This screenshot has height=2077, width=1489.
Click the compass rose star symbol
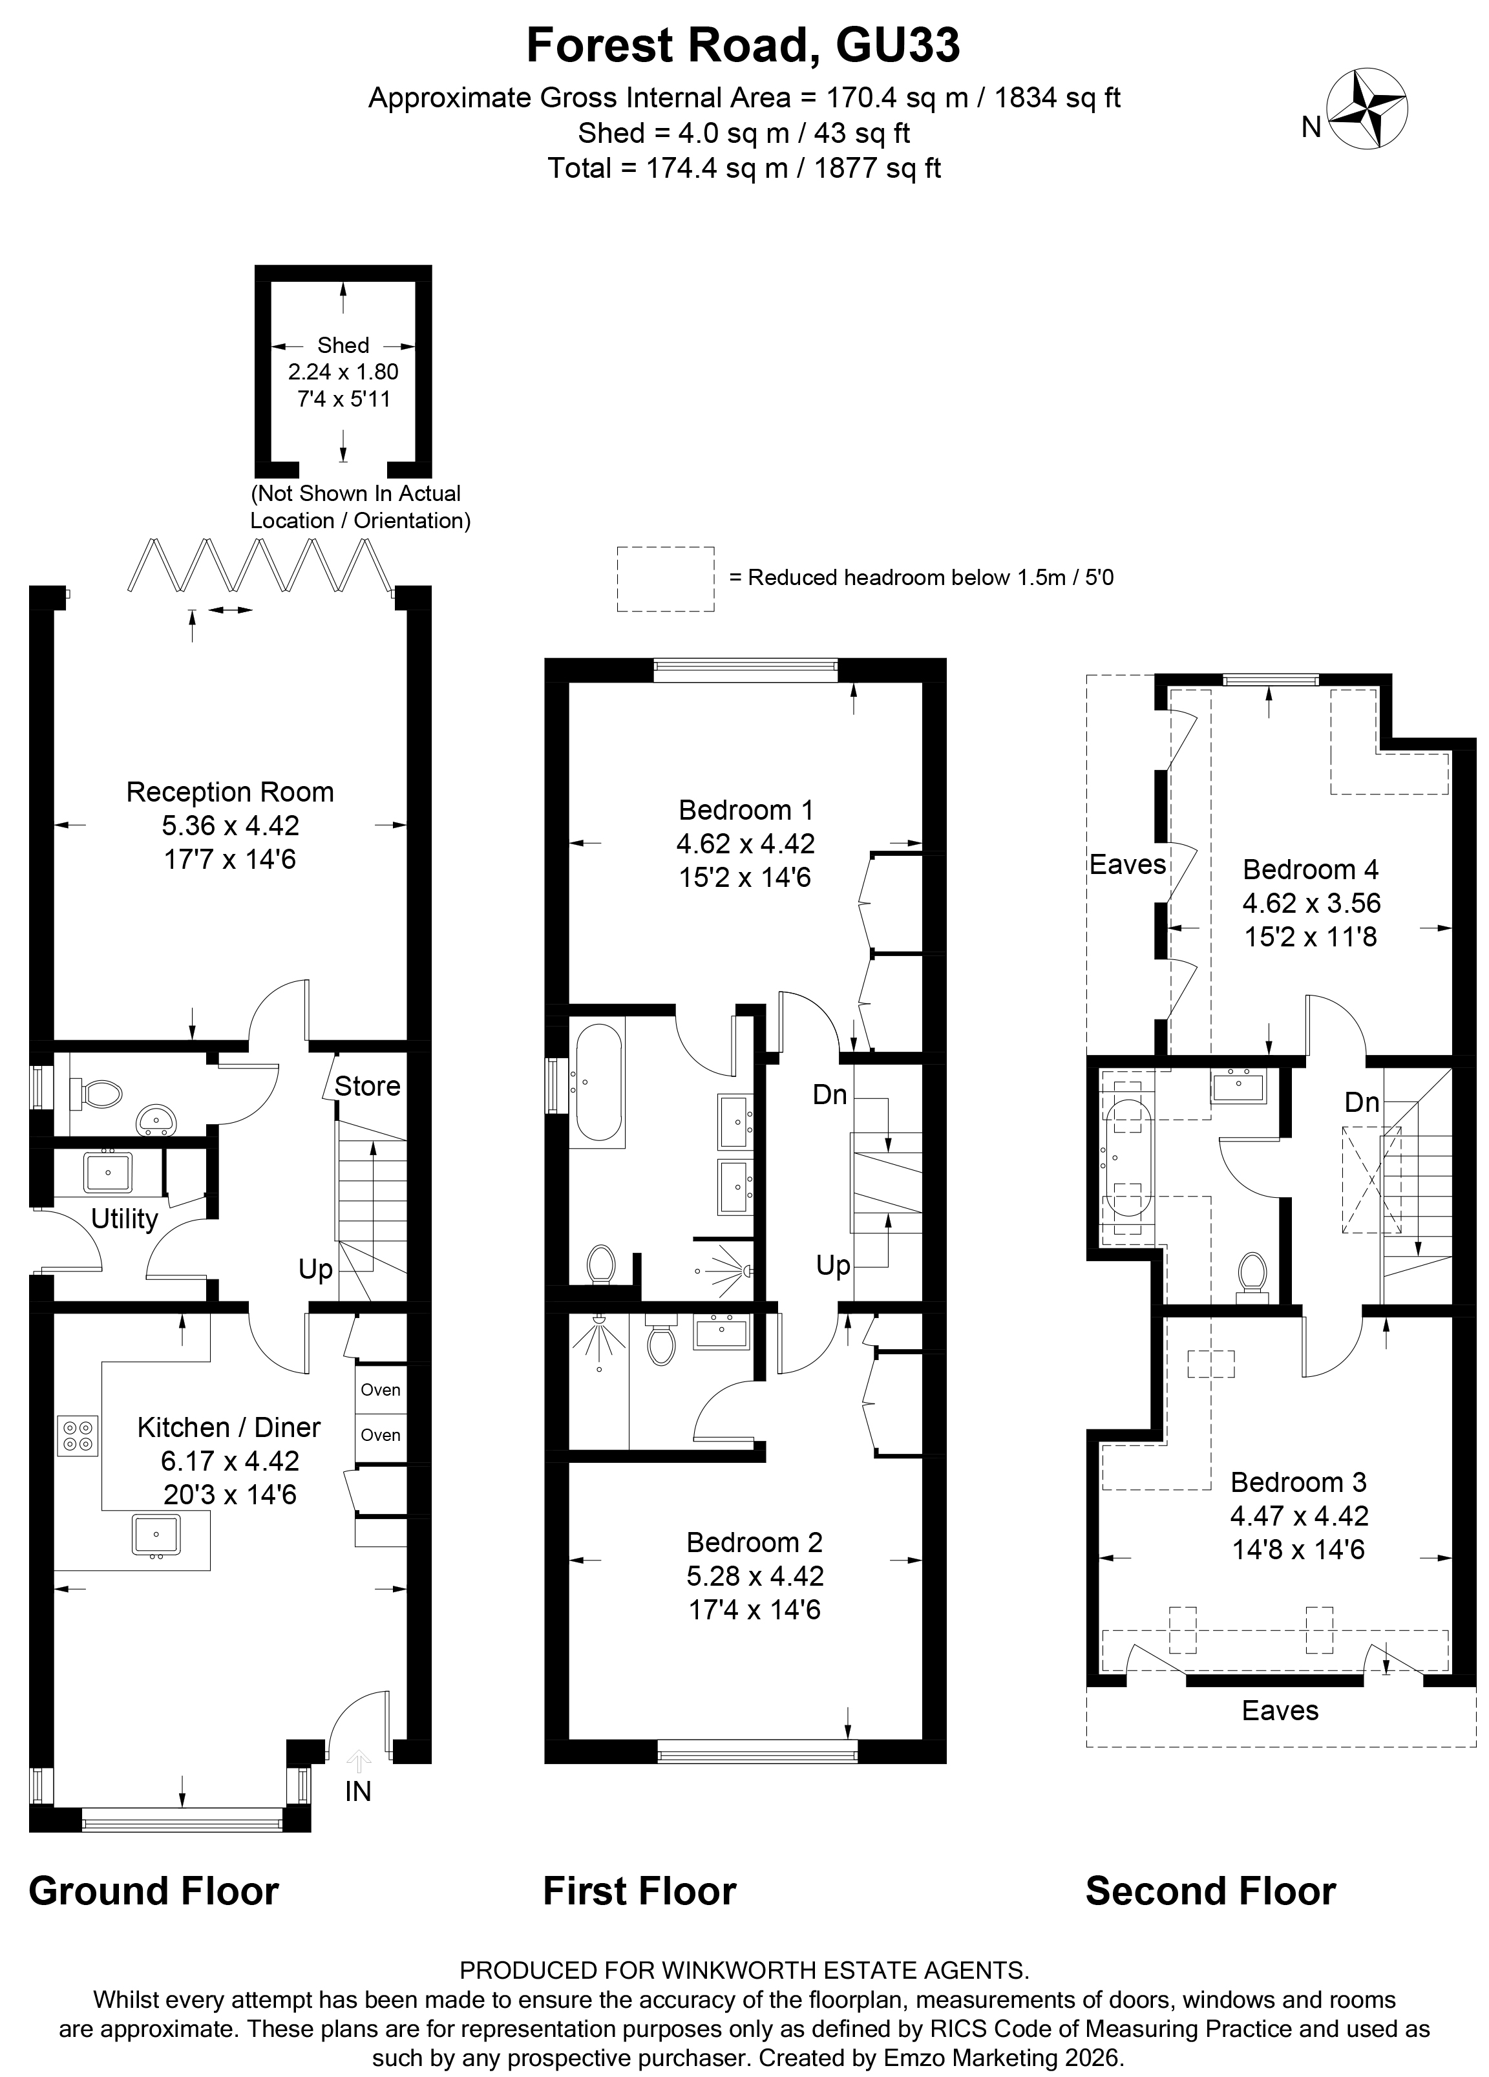[x=1366, y=108]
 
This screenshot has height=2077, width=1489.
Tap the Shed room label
[x=343, y=345]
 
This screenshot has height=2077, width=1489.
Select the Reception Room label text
[x=230, y=792]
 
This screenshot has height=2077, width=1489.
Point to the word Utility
[x=125, y=1219]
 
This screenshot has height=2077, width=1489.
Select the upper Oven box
[x=380, y=1390]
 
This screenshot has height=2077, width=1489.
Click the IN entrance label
[x=358, y=1791]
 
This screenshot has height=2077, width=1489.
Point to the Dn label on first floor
[x=830, y=1094]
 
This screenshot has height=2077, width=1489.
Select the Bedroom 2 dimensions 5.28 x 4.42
[x=755, y=1576]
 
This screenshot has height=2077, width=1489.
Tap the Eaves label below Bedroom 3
[x=1280, y=1710]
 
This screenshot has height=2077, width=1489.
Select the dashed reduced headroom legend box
[x=665, y=579]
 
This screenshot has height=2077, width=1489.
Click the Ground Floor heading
[x=154, y=1891]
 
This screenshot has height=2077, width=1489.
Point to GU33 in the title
[x=898, y=46]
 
